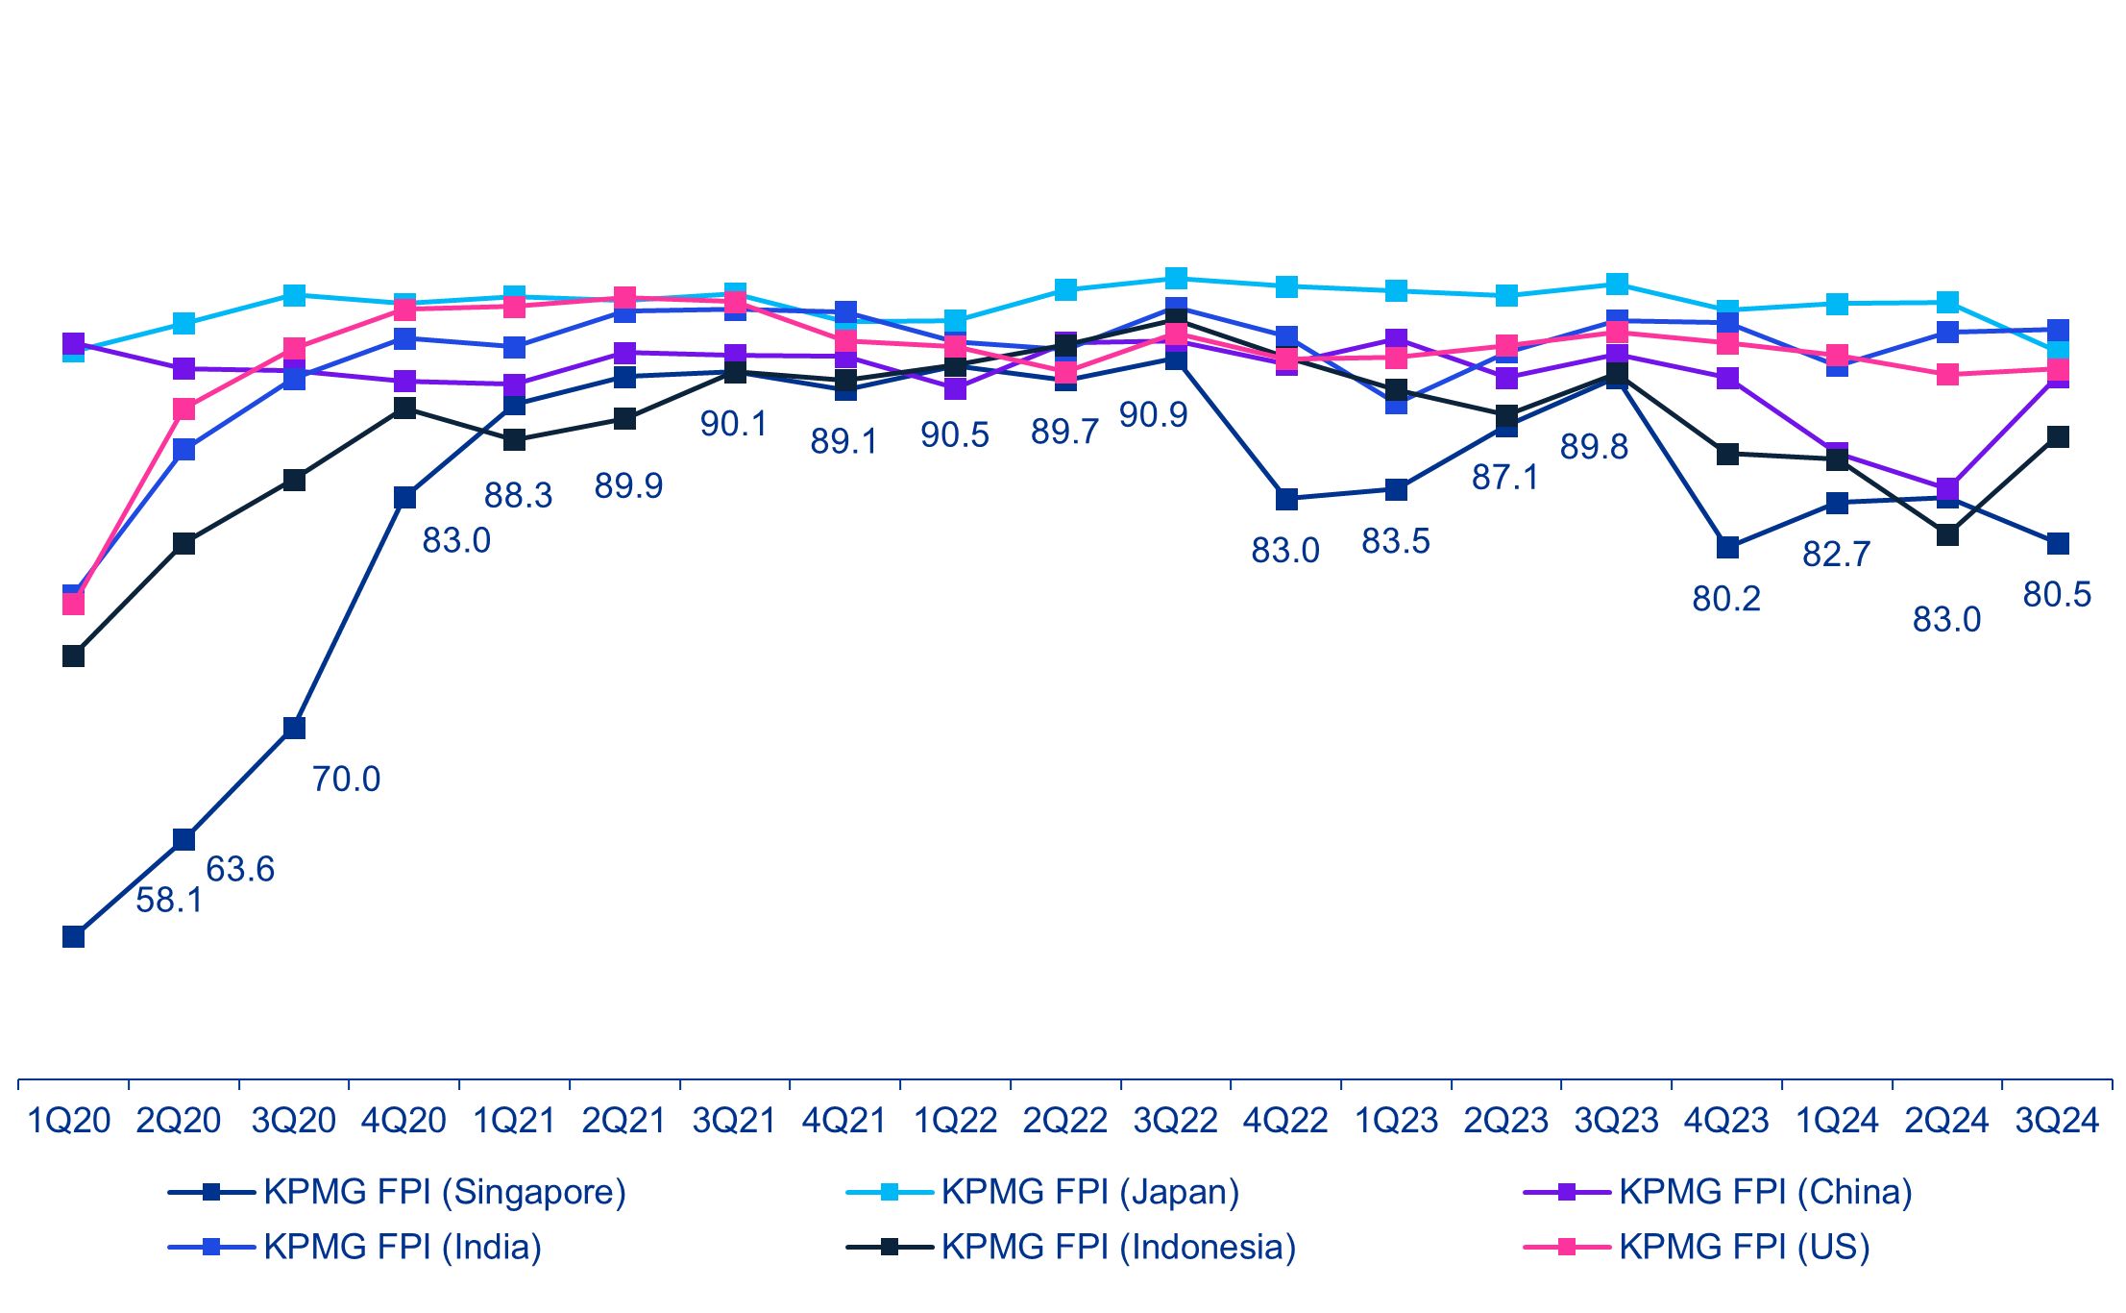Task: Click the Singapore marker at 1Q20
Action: coord(73,936)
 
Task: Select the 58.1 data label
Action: coord(169,901)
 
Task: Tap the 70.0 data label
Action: coord(346,779)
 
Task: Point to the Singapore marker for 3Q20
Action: coord(294,728)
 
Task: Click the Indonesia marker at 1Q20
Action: coord(73,656)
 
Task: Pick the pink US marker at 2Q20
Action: coord(183,409)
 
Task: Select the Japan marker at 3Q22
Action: coord(1176,279)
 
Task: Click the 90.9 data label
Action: coord(1153,415)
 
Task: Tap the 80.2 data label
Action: coord(1726,599)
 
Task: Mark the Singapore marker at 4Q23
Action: coord(1727,548)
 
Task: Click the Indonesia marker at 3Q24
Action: coord(2058,437)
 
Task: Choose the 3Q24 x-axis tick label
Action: coord(2057,1121)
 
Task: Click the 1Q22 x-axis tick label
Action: coord(955,1121)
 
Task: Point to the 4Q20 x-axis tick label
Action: coord(403,1121)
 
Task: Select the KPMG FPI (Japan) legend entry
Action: coord(1089,1192)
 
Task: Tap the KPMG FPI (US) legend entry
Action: coord(1744,1247)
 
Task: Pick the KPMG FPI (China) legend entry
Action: coord(1765,1192)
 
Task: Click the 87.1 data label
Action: coord(1505,477)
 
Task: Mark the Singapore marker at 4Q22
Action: coord(1286,500)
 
